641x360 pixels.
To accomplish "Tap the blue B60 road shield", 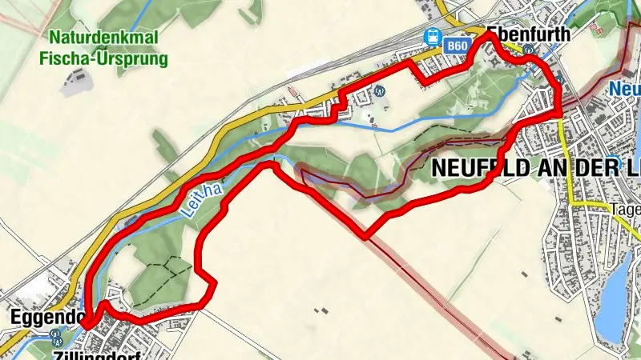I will tap(457, 46).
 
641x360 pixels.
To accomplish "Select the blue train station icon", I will tap(433, 36).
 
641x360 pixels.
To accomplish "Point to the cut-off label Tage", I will tap(625, 210).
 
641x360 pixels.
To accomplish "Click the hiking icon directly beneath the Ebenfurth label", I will tap(529, 50).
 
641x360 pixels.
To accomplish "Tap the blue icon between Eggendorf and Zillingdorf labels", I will tap(54, 335).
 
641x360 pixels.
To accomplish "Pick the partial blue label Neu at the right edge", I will tap(624, 88).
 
